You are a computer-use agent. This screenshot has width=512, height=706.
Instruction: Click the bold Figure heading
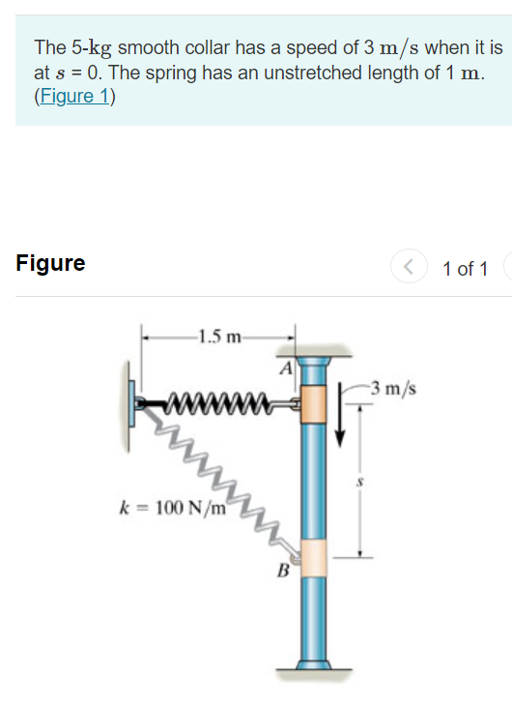click(50, 263)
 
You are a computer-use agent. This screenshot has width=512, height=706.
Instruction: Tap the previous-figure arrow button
click(407, 267)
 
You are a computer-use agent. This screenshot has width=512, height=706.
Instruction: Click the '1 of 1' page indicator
click(465, 268)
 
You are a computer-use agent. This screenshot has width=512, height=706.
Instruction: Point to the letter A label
click(286, 368)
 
